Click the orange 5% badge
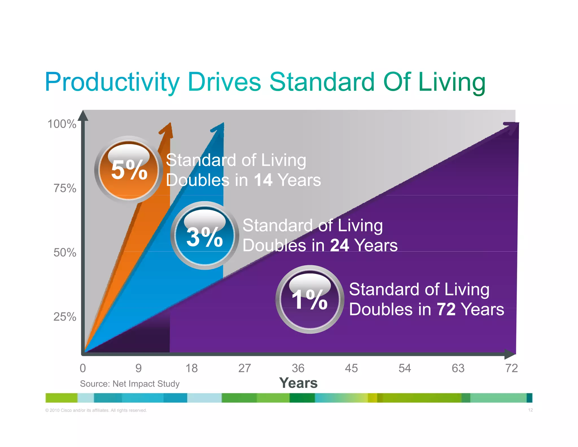click(x=129, y=170)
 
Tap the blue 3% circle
click(x=205, y=236)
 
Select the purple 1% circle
click(x=310, y=300)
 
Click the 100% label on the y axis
click(x=62, y=124)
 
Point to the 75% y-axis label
click(x=65, y=188)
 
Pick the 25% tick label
click(x=65, y=317)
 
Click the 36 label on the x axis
click(x=298, y=368)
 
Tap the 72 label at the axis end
click(x=511, y=368)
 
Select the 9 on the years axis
click(x=138, y=368)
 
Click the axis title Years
click(x=298, y=383)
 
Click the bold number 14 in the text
click(x=263, y=180)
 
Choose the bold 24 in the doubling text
click(x=340, y=245)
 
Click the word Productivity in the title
click(x=112, y=82)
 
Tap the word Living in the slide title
click(x=452, y=82)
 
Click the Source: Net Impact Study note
click(x=130, y=384)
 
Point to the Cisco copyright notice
click(x=96, y=410)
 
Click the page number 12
click(x=530, y=410)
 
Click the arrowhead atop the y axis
click(x=83, y=116)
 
